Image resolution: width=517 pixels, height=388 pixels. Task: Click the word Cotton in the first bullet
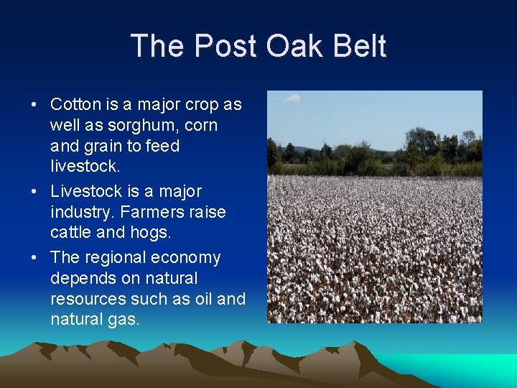pyautogui.click(x=73, y=104)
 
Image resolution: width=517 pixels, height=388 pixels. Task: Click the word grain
pyautogui.click(x=107, y=146)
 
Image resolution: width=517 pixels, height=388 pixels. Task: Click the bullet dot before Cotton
pyautogui.click(x=34, y=105)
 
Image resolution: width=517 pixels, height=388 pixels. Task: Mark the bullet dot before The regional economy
pyautogui.click(x=34, y=258)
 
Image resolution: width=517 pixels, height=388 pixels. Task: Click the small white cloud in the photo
pyautogui.click(x=292, y=98)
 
